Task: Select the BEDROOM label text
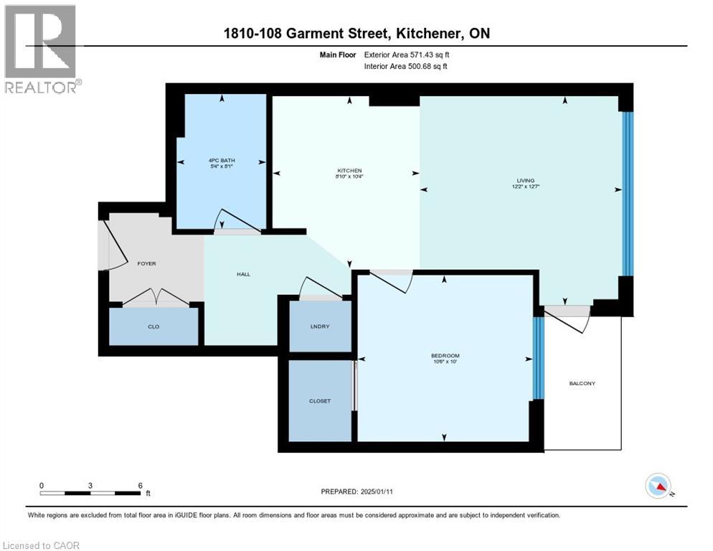coord(445,356)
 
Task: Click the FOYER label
coord(146,263)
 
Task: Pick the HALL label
coord(243,274)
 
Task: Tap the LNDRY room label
coord(319,326)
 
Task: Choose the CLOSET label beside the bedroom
coord(319,401)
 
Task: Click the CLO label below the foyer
coord(153,326)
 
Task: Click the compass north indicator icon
coord(658,486)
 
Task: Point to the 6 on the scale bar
coord(139,485)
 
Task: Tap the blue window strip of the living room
coord(627,194)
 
